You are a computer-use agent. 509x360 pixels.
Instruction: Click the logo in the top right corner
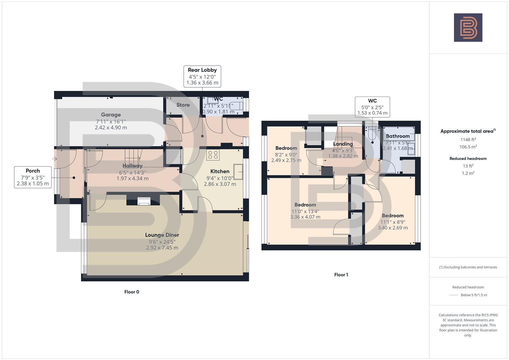[x=468, y=28]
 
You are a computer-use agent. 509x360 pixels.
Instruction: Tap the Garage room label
[x=111, y=115]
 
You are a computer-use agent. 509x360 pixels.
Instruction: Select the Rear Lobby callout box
[x=202, y=76]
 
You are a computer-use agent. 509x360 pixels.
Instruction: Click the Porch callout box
[x=33, y=177]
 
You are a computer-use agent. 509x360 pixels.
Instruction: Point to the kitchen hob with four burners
[x=213, y=155]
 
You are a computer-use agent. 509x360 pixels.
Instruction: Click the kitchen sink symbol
[x=238, y=171]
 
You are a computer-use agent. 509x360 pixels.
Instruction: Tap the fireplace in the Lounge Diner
[x=144, y=201]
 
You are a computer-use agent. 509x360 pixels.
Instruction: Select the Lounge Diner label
[x=162, y=235]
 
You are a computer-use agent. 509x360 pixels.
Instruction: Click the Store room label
[x=183, y=105]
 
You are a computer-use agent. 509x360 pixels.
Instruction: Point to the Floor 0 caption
[x=132, y=292]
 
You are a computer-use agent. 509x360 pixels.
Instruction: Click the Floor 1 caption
[x=341, y=275]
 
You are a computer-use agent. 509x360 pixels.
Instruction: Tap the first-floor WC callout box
[x=372, y=107]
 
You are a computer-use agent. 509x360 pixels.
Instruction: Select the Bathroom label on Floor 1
[x=398, y=136]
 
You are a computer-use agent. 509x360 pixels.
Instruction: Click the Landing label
[x=343, y=144]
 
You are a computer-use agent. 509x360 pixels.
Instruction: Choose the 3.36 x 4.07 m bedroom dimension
[x=305, y=217]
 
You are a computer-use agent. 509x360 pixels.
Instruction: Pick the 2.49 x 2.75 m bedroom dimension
[x=286, y=160]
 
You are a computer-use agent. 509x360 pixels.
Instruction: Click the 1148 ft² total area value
[x=468, y=140]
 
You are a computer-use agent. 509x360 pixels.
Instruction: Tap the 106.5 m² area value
[x=468, y=147]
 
